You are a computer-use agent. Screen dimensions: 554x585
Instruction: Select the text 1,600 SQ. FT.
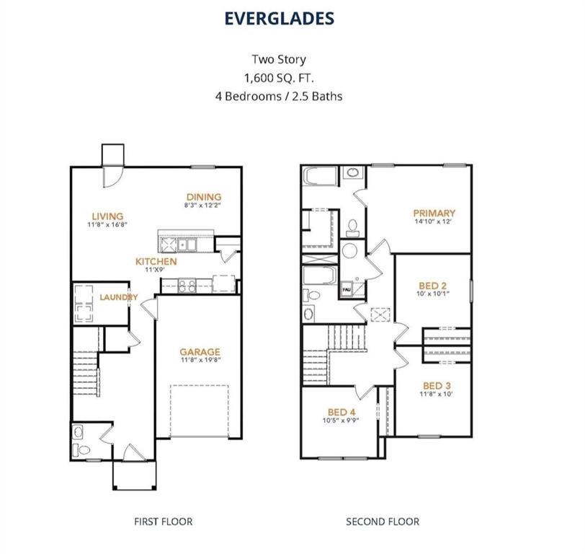click(280, 77)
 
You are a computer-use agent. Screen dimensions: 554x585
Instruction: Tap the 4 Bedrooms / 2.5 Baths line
click(280, 95)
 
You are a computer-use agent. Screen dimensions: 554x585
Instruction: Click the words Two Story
click(280, 60)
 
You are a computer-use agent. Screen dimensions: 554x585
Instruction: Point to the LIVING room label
click(107, 216)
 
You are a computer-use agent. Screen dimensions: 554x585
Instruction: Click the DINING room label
click(204, 197)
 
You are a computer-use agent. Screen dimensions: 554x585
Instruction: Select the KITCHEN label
click(156, 260)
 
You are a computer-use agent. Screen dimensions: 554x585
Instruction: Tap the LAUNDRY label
click(119, 297)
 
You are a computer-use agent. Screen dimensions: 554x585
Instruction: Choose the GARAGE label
click(200, 352)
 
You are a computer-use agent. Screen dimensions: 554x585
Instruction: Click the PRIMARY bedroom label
click(434, 213)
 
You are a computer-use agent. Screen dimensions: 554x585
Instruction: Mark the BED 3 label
click(437, 385)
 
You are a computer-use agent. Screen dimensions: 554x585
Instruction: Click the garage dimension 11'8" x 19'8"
click(200, 361)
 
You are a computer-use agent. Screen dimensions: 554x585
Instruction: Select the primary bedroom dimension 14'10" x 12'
click(434, 221)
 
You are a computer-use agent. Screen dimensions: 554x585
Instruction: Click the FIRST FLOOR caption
click(164, 521)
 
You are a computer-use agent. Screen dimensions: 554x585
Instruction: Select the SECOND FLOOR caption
click(383, 521)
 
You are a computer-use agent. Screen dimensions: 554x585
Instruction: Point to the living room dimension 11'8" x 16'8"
click(107, 224)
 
